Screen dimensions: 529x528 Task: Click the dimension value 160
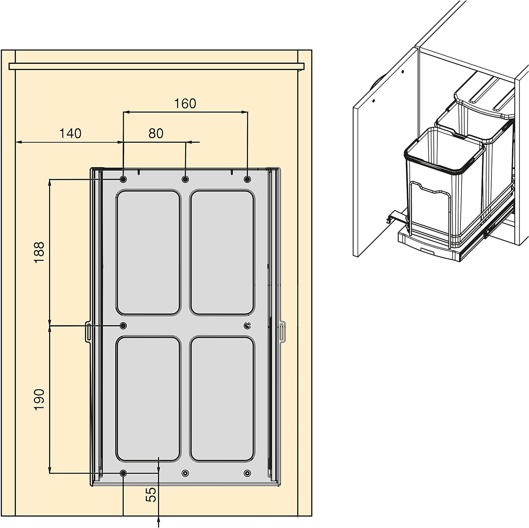(x=185, y=103)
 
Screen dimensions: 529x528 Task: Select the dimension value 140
(x=70, y=133)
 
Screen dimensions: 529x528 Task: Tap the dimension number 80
(x=156, y=133)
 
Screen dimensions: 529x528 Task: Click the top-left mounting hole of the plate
(x=123, y=180)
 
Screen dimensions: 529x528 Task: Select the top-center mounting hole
(x=185, y=180)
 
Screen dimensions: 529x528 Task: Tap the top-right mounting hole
(x=247, y=180)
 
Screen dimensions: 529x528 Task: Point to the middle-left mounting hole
(x=123, y=325)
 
